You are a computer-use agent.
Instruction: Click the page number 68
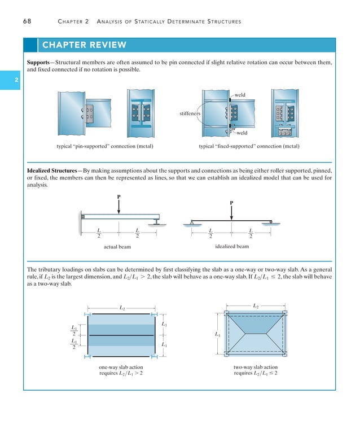coord(27,21)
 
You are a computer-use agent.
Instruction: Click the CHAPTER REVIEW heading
coord(83,45)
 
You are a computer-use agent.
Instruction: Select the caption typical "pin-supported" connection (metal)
coord(106,147)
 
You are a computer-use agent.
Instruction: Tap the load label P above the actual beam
coord(118,197)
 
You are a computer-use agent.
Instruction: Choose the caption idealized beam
coord(231,246)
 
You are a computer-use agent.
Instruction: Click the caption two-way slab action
coord(256,368)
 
